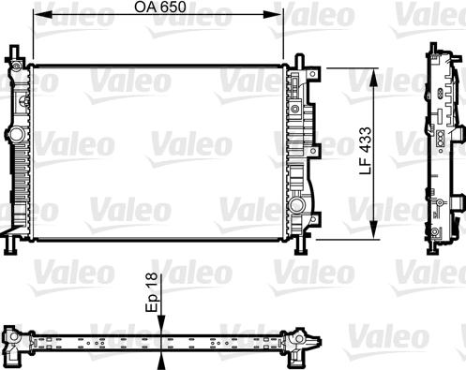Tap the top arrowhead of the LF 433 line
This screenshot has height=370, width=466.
point(376,73)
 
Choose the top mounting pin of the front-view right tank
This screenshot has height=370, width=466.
point(300,59)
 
